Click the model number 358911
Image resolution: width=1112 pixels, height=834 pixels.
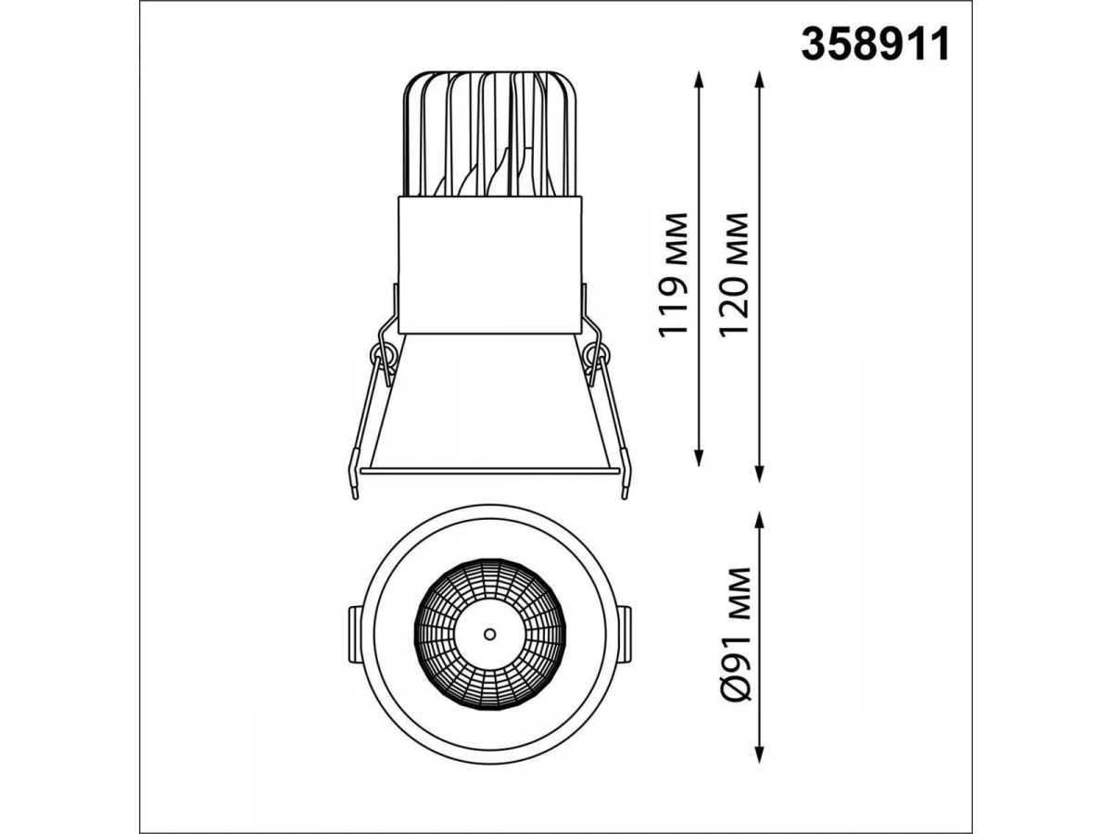875,44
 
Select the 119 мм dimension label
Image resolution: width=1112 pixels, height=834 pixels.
674,275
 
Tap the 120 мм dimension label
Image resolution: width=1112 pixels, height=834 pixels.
733,274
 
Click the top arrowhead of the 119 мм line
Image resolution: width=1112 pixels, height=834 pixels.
699,80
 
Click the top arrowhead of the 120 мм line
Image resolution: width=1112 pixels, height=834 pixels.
759,80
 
